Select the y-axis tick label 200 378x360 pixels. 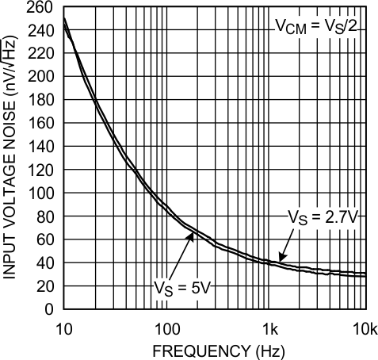[x=42, y=78]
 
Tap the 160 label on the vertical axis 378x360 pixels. [x=42, y=124]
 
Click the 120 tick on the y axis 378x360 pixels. [x=42, y=170]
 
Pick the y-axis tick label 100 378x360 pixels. [x=42, y=193]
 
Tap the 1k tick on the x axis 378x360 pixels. [x=270, y=327]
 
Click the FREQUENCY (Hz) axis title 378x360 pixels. [x=212, y=349]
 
